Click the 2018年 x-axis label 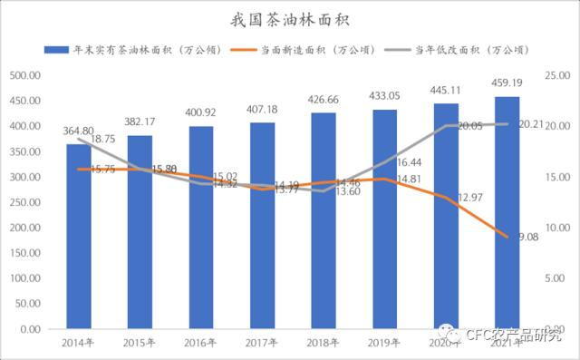324,342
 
